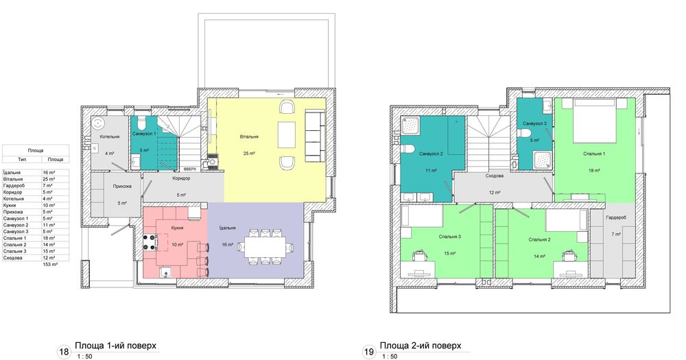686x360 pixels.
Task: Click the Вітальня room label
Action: pyautogui.click(x=249, y=136)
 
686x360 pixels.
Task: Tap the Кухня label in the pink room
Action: pyautogui.click(x=178, y=228)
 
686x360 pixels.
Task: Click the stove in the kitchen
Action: pyautogui.click(x=150, y=243)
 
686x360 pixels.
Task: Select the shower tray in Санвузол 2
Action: pyautogui.click(x=410, y=125)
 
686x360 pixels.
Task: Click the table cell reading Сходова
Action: pyautogui.click(x=12, y=258)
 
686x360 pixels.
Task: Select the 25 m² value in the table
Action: pyautogui.click(x=49, y=179)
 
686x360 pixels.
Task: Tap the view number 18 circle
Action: pyautogui.click(x=64, y=352)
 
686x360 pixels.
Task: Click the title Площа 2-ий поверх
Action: pyautogui.click(x=421, y=346)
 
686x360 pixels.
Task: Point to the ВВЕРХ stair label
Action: pyautogui.click(x=190, y=169)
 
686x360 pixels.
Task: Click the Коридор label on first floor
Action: pyautogui.click(x=181, y=178)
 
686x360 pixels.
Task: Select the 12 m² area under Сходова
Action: pyautogui.click(x=495, y=193)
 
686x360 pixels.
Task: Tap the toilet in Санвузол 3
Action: pyautogui.click(x=526, y=133)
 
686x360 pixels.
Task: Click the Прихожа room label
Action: pyautogui.click(x=122, y=187)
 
